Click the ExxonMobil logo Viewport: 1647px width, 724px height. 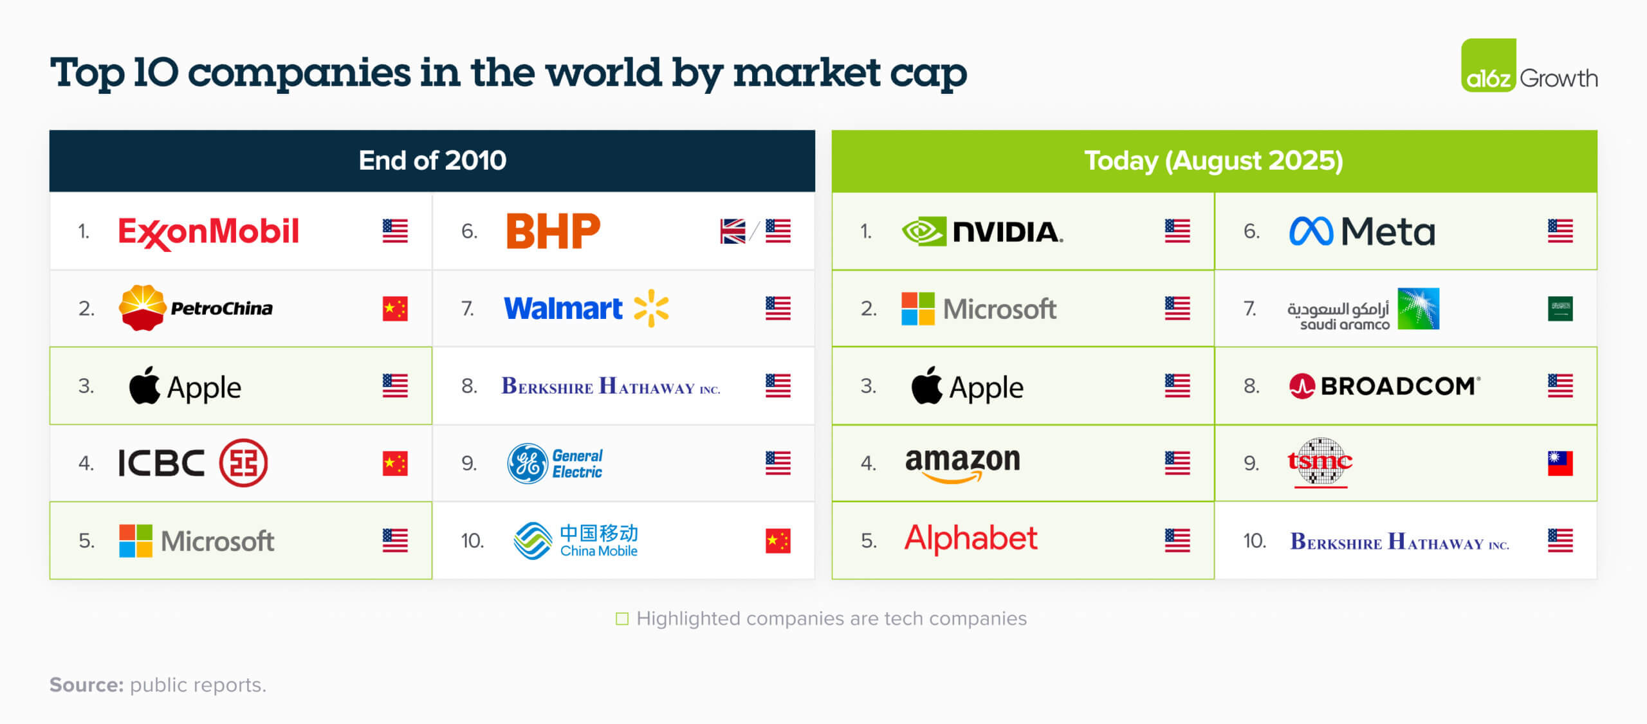[208, 232]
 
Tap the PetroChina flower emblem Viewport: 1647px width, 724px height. [142, 308]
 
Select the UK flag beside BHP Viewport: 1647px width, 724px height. [733, 231]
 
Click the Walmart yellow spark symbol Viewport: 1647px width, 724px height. [651, 308]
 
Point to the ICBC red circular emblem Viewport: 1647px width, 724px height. [243, 463]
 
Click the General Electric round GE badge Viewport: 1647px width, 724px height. [528, 463]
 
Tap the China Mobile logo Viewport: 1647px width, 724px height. [575, 540]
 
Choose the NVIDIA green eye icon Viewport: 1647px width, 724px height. [924, 231]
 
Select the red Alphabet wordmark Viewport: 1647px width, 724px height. [971, 539]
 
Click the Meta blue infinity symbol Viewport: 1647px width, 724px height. [1311, 231]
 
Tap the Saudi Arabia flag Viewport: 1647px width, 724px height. [1560, 309]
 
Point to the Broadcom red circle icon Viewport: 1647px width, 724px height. [1302, 386]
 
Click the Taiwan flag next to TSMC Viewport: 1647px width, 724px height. [1560, 463]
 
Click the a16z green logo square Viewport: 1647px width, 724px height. [1489, 65]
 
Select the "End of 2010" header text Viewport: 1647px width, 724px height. [432, 161]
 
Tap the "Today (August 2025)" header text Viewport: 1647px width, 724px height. [1214, 161]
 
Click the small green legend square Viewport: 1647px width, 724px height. [622, 619]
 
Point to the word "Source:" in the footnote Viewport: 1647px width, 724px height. [87, 685]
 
